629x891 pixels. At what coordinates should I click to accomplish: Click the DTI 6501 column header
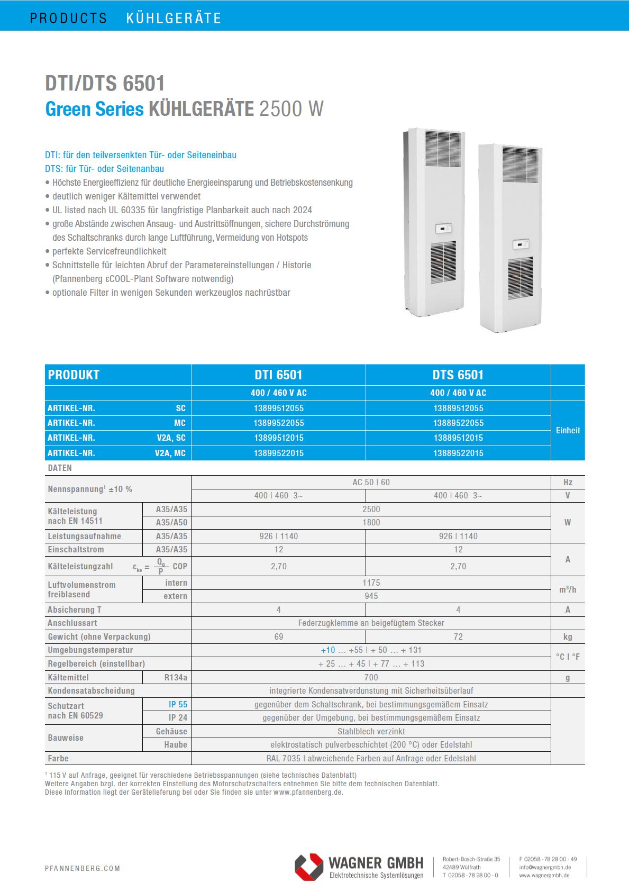pos(278,375)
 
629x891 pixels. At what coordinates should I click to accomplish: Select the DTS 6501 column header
pos(458,375)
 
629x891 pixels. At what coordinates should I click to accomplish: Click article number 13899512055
pos(278,408)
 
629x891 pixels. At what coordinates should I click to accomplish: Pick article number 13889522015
pos(458,453)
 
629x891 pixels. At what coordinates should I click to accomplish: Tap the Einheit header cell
pos(568,430)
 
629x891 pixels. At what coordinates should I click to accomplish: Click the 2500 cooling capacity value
pos(371,509)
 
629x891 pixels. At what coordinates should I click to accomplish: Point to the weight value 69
pos(278,637)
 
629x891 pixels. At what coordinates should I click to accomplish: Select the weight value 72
pos(458,637)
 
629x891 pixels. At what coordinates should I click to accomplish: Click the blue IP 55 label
pos(178,704)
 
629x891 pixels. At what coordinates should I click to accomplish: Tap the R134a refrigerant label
pos(176,677)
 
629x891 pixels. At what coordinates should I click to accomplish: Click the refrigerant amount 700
pos(371,677)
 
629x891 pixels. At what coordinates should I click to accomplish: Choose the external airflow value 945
pos(371,596)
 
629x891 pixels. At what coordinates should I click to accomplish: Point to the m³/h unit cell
pos(568,589)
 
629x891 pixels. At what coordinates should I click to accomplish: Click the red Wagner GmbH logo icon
pos(309,867)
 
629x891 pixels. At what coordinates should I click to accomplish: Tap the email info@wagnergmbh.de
pos(544,867)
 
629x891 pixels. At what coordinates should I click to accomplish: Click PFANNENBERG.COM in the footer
pos(83,868)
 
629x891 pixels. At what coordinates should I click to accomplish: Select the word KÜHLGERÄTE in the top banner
pos(174,18)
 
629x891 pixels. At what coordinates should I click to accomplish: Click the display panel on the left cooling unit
pos(443,229)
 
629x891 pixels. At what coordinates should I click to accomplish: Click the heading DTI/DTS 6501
pos(105,84)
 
